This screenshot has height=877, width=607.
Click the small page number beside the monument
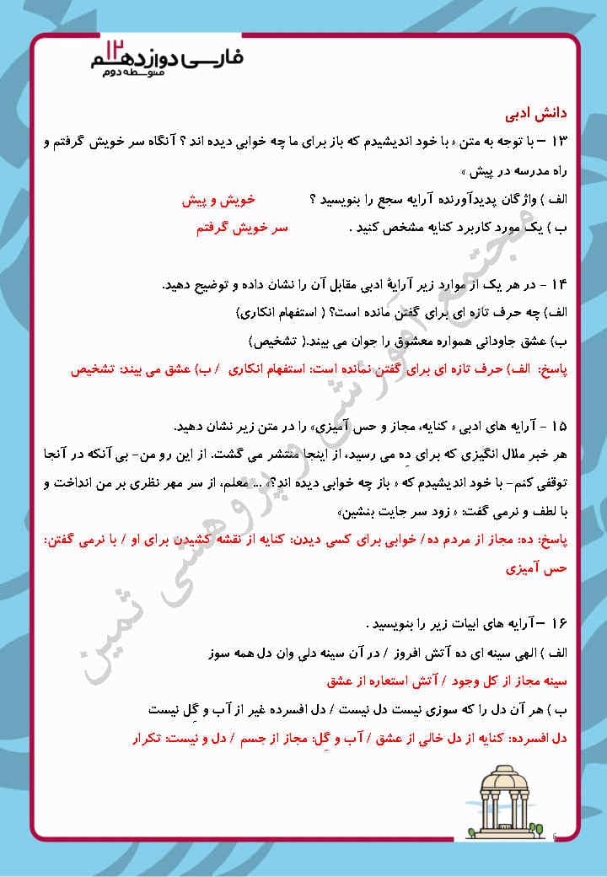(554, 835)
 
